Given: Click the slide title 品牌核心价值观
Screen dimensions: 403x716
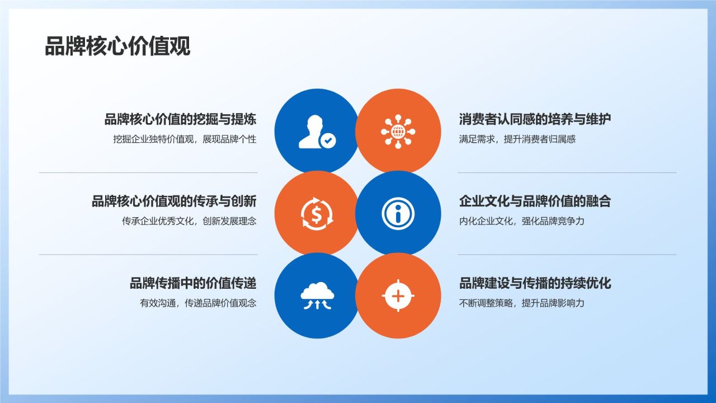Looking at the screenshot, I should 117,46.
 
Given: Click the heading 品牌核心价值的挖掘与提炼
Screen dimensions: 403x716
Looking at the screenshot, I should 180,119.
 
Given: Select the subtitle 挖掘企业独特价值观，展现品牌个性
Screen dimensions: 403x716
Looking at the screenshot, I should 185,139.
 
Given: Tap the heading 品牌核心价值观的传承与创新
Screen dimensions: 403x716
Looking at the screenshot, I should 174,201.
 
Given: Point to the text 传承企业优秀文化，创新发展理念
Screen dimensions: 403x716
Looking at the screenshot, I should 189,221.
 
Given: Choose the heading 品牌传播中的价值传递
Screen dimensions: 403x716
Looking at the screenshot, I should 193,283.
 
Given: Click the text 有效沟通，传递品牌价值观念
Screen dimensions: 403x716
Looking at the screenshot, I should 198,303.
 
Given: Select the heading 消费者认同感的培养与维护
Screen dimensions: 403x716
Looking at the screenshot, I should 535,119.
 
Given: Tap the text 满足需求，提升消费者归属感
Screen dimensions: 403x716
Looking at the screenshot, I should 517,139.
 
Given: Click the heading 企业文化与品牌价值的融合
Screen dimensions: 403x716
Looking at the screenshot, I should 535,201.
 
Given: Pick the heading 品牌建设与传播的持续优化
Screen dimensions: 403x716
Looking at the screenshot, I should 535,283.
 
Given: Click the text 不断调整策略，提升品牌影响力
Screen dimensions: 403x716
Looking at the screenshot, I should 521,303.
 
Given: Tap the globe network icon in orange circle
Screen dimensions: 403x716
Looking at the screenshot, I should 398,132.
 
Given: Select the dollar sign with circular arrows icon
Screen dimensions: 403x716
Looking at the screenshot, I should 317,213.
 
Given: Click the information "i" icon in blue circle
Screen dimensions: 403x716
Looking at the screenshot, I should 398,213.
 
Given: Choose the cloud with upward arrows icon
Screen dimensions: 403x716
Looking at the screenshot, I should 317,296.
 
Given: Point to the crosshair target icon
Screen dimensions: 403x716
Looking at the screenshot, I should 398,295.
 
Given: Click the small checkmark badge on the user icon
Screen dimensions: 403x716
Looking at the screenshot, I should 327,141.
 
